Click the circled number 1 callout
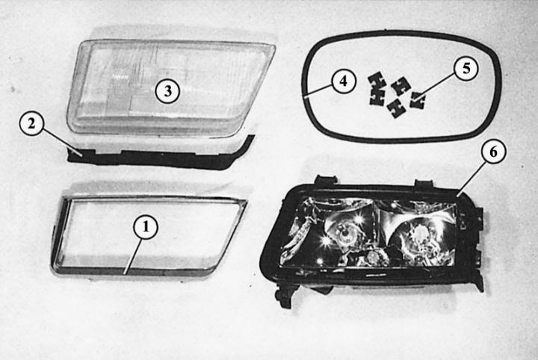click(146, 227)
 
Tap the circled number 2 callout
click(31, 124)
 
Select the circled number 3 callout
click(167, 91)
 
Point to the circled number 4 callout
click(344, 81)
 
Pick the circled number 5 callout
click(466, 69)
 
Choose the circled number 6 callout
click(493, 152)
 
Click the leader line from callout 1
click(133, 256)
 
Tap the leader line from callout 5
click(435, 88)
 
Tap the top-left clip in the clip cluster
click(377, 81)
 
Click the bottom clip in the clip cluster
click(396, 108)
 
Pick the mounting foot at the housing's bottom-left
click(285, 296)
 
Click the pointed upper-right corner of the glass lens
click(273, 46)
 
